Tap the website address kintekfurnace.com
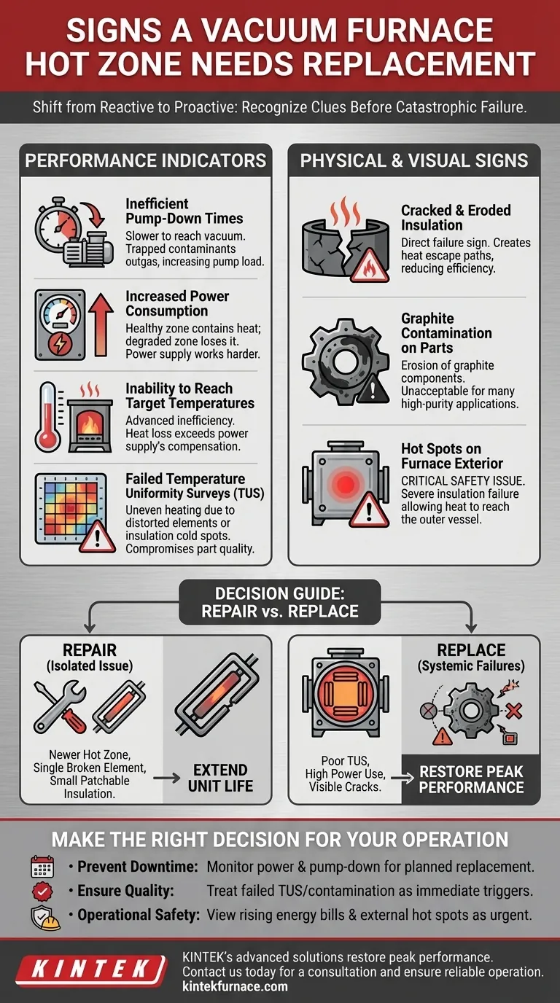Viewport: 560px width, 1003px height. point(236,986)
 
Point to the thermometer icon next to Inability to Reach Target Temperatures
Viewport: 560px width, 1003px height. point(48,417)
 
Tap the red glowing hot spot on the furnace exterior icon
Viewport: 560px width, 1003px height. point(345,483)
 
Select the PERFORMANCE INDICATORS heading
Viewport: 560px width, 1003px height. point(146,160)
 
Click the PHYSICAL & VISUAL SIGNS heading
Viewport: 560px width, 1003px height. point(414,160)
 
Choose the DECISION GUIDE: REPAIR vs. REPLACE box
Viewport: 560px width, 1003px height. point(280,602)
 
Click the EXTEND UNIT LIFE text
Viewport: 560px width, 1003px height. point(220,778)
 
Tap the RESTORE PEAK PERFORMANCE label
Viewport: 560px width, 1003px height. point(471,779)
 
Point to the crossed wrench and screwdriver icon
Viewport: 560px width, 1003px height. point(61,706)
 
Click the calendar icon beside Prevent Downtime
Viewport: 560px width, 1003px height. point(42,866)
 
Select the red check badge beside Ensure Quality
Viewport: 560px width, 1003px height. point(42,891)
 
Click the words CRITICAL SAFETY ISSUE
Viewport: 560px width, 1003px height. point(463,481)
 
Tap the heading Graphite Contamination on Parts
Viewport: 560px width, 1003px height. point(446,333)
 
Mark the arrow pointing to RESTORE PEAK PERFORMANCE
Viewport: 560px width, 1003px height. point(402,778)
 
